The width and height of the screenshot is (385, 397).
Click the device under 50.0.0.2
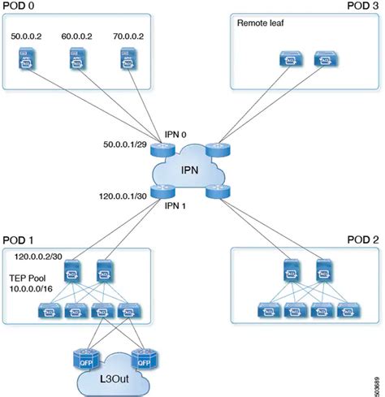click(x=28, y=58)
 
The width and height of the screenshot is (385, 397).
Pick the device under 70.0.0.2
click(x=126, y=58)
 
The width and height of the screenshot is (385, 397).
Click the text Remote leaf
click(x=258, y=23)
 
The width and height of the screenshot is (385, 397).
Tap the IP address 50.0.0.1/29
click(x=125, y=144)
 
